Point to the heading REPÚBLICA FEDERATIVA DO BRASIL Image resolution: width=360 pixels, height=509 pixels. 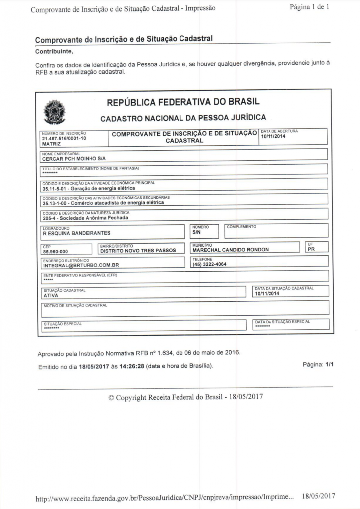tap(183, 103)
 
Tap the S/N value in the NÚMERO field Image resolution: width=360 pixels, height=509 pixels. tap(196, 232)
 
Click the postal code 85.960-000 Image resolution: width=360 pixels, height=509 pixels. tap(55, 251)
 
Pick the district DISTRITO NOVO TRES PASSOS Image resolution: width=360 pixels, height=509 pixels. tap(138, 251)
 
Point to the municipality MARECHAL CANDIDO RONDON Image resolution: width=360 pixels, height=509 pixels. tap(230, 250)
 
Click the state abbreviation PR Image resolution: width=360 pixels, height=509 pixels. tap(311, 249)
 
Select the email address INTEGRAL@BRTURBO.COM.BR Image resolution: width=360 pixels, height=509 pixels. tap(81, 265)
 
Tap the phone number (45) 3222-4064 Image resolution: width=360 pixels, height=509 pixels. tap(209, 264)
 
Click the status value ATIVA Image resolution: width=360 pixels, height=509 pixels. tap(51, 295)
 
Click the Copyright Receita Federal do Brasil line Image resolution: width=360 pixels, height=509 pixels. tap(185, 397)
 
